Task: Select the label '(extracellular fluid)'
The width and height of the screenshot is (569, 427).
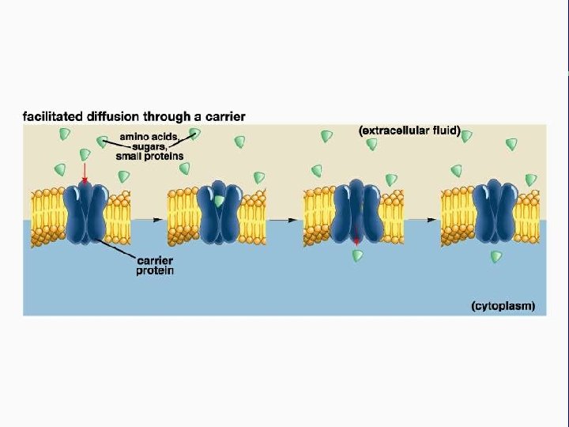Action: tap(409, 130)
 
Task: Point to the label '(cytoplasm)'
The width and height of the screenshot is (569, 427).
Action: tap(503, 305)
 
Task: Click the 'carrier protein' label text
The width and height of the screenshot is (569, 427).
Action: tap(156, 265)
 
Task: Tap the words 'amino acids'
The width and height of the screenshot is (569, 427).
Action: tap(148, 137)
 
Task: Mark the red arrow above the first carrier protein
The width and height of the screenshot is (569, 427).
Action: tap(85, 172)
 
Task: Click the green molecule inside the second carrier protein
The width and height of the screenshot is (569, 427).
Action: tap(219, 202)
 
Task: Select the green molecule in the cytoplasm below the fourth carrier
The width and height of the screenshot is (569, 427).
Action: tap(496, 256)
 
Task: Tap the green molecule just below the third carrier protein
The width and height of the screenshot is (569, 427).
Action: tap(358, 255)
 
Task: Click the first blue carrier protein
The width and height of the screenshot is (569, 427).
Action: tap(86, 213)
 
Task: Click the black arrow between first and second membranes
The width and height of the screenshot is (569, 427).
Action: tap(148, 219)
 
